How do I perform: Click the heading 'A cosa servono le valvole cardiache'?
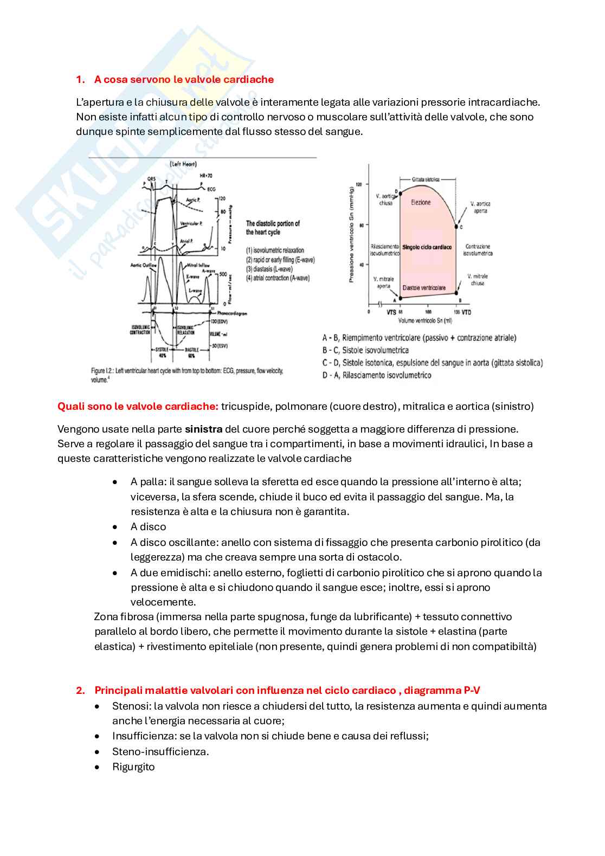click(184, 80)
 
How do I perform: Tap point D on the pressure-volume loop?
click(400, 192)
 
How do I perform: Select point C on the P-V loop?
click(456, 226)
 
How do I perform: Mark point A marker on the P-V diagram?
click(400, 298)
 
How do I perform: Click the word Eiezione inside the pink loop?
click(421, 202)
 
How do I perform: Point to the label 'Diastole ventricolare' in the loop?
click(423, 288)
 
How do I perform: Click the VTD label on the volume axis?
click(466, 312)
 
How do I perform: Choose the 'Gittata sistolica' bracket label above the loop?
click(426, 179)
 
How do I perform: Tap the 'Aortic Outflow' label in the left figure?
click(144, 265)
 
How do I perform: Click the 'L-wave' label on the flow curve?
click(195, 291)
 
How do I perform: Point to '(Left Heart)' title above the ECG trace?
click(183, 164)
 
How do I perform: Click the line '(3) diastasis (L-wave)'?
click(269, 269)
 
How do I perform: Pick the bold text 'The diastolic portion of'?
click(273, 223)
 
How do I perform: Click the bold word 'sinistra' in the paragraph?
click(203, 429)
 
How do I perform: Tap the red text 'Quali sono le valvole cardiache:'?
click(138, 406)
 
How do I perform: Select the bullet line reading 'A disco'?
click(148, 527)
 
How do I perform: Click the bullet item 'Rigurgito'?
click(133, 767)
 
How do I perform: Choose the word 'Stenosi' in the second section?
click(131, 706)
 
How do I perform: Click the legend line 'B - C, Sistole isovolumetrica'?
click(365, 350)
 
